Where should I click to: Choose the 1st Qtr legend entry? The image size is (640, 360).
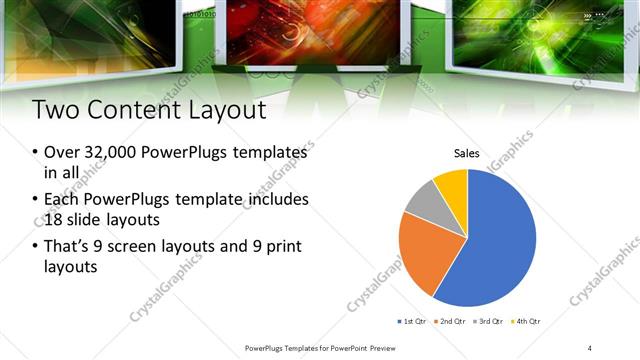(x=414, y=321)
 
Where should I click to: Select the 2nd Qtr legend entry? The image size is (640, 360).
(x=456, y=321)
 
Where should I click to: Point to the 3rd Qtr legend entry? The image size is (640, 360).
(x=493, y=321)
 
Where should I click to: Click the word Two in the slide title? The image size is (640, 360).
(x=56, y=109)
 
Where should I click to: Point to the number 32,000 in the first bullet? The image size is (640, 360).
(x=110, y=152)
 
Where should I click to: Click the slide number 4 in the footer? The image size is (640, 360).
(x=590, y=348)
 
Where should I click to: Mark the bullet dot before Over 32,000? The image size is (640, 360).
(x=35, y=153)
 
